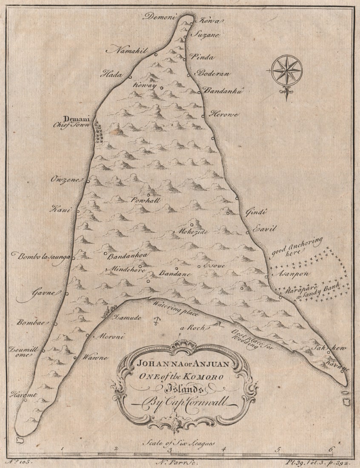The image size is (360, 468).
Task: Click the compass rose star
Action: [286, 70]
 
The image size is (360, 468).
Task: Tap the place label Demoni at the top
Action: [159, 17]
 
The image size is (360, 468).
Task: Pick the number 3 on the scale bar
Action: [169, 449]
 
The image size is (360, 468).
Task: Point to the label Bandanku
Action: [223, 90]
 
